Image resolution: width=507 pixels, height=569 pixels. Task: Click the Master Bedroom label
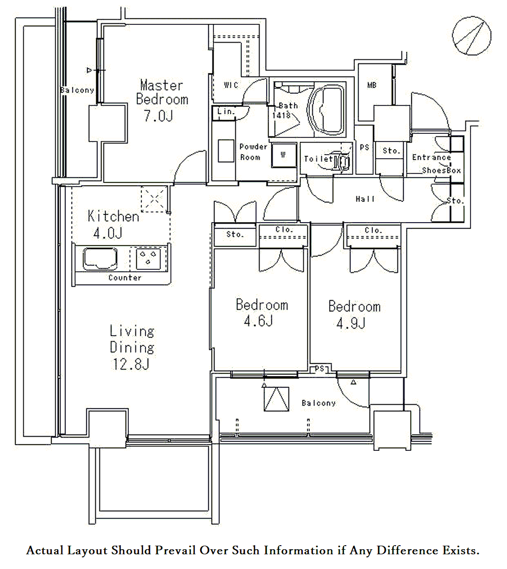click(162, 92)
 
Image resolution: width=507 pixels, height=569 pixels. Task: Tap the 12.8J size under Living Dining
click(131, 364)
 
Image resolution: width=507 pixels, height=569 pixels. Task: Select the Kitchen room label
click(114, 216)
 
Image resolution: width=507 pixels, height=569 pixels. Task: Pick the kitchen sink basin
click(100, 259)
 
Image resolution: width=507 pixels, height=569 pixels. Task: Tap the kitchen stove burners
click(148, 259)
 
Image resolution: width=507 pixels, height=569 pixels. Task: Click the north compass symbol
click(472, 35)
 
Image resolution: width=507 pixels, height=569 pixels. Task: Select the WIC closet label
click(231, 85)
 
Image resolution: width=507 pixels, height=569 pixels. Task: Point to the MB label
click(372, 85)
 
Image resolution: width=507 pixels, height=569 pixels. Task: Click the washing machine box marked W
click(284, 155)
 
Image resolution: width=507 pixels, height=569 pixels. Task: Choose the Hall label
click(365, 199)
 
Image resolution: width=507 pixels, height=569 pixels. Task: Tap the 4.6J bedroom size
click(258, 321)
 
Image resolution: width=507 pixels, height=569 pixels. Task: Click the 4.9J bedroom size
click(351, 323)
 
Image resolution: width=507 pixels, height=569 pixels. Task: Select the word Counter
click(125, 277)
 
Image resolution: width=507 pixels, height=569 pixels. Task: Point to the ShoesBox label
click(442, 170)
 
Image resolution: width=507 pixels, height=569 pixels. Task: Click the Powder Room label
click(253, 152)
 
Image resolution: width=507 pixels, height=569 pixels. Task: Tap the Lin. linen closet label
click(226, 112)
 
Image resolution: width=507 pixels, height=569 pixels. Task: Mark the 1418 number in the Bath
click(281, 115)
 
